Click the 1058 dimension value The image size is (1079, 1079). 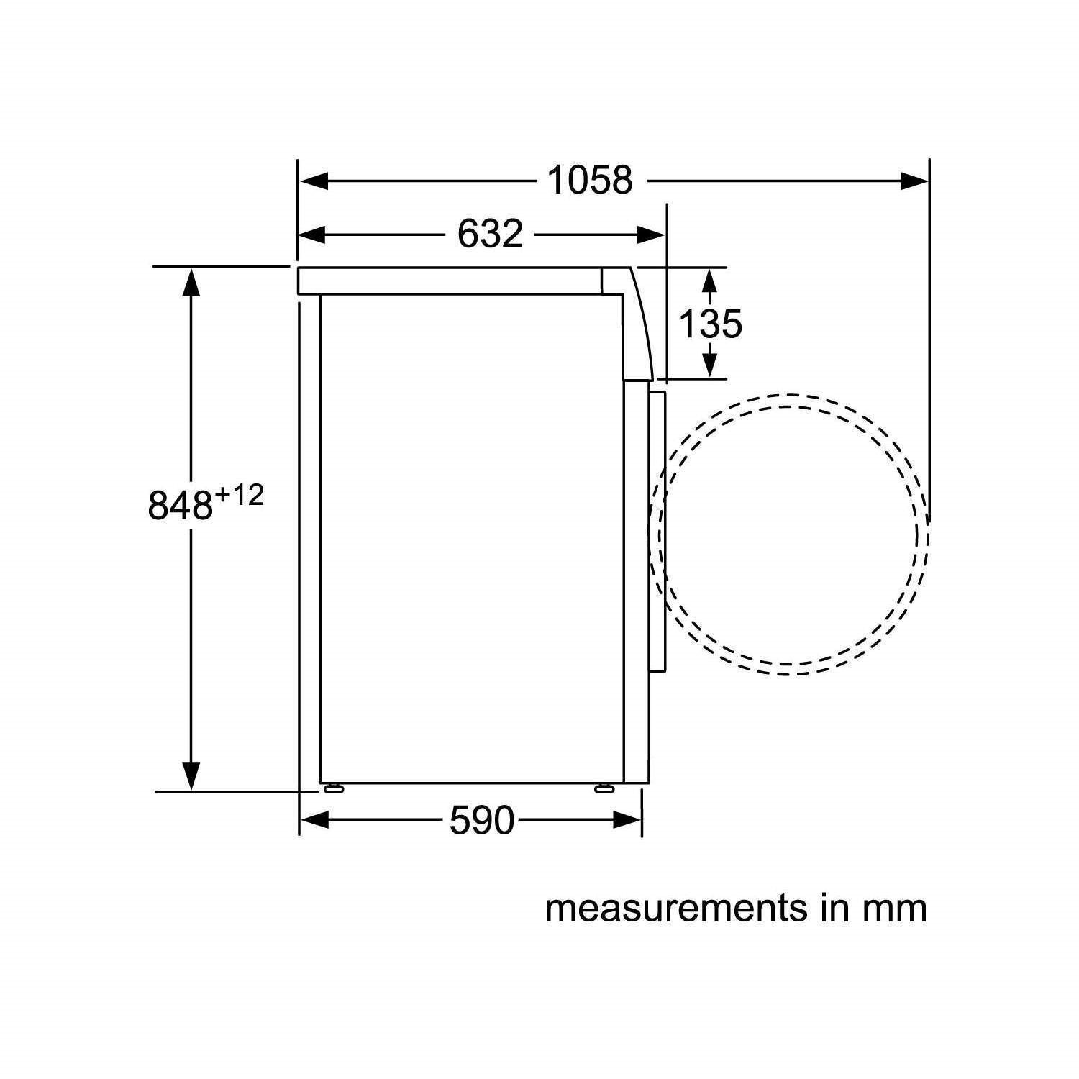591,180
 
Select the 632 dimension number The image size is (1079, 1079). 491,234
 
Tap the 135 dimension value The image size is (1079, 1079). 710,324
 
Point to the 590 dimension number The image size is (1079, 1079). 482,820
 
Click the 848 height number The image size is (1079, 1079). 181,504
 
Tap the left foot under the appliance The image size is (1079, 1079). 334,788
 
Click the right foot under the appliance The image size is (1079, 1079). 604,788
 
